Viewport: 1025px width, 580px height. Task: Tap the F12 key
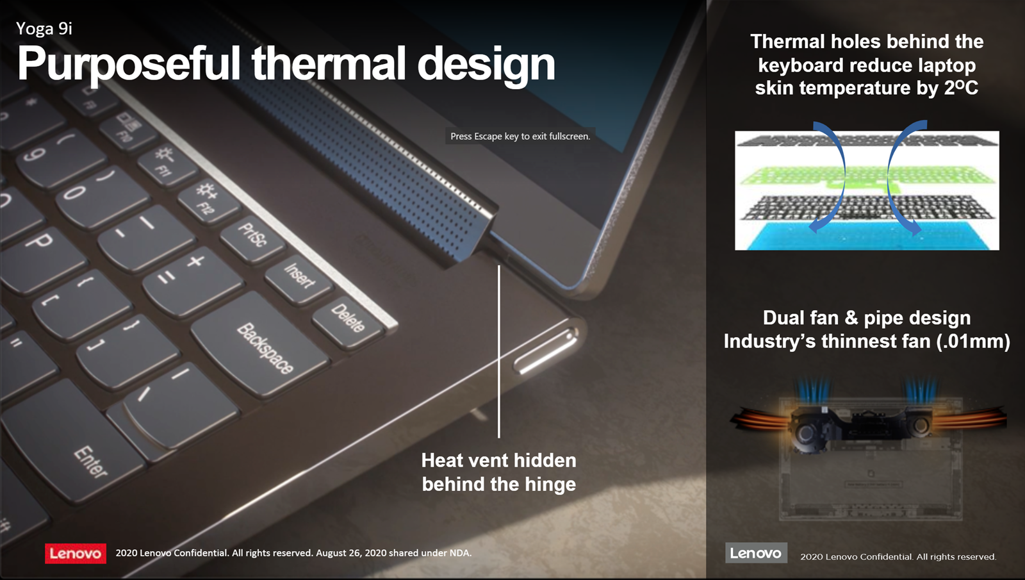(x=208, y=199)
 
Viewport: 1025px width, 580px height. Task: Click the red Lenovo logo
(x=76, y=553)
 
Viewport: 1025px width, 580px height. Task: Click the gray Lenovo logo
(x=756, y=553)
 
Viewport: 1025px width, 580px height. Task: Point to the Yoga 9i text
(x=44, y=29)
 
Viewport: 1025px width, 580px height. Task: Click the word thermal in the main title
(x=329, y=63)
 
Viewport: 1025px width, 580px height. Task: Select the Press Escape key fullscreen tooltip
(x=520, y=136)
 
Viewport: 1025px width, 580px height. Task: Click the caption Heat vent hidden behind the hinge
(x=499, y=472)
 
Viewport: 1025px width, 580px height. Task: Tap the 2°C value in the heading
(x=961, y=87)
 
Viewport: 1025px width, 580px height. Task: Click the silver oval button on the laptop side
(x=545, y=350)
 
